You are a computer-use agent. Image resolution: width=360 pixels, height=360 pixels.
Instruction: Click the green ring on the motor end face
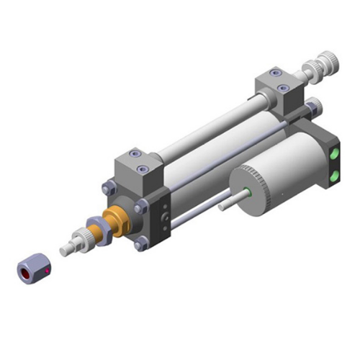pyautogui.click(x=248, y=192)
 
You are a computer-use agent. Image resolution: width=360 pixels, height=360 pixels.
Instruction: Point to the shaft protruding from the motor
pyautogui.click(x=228, y=203)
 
